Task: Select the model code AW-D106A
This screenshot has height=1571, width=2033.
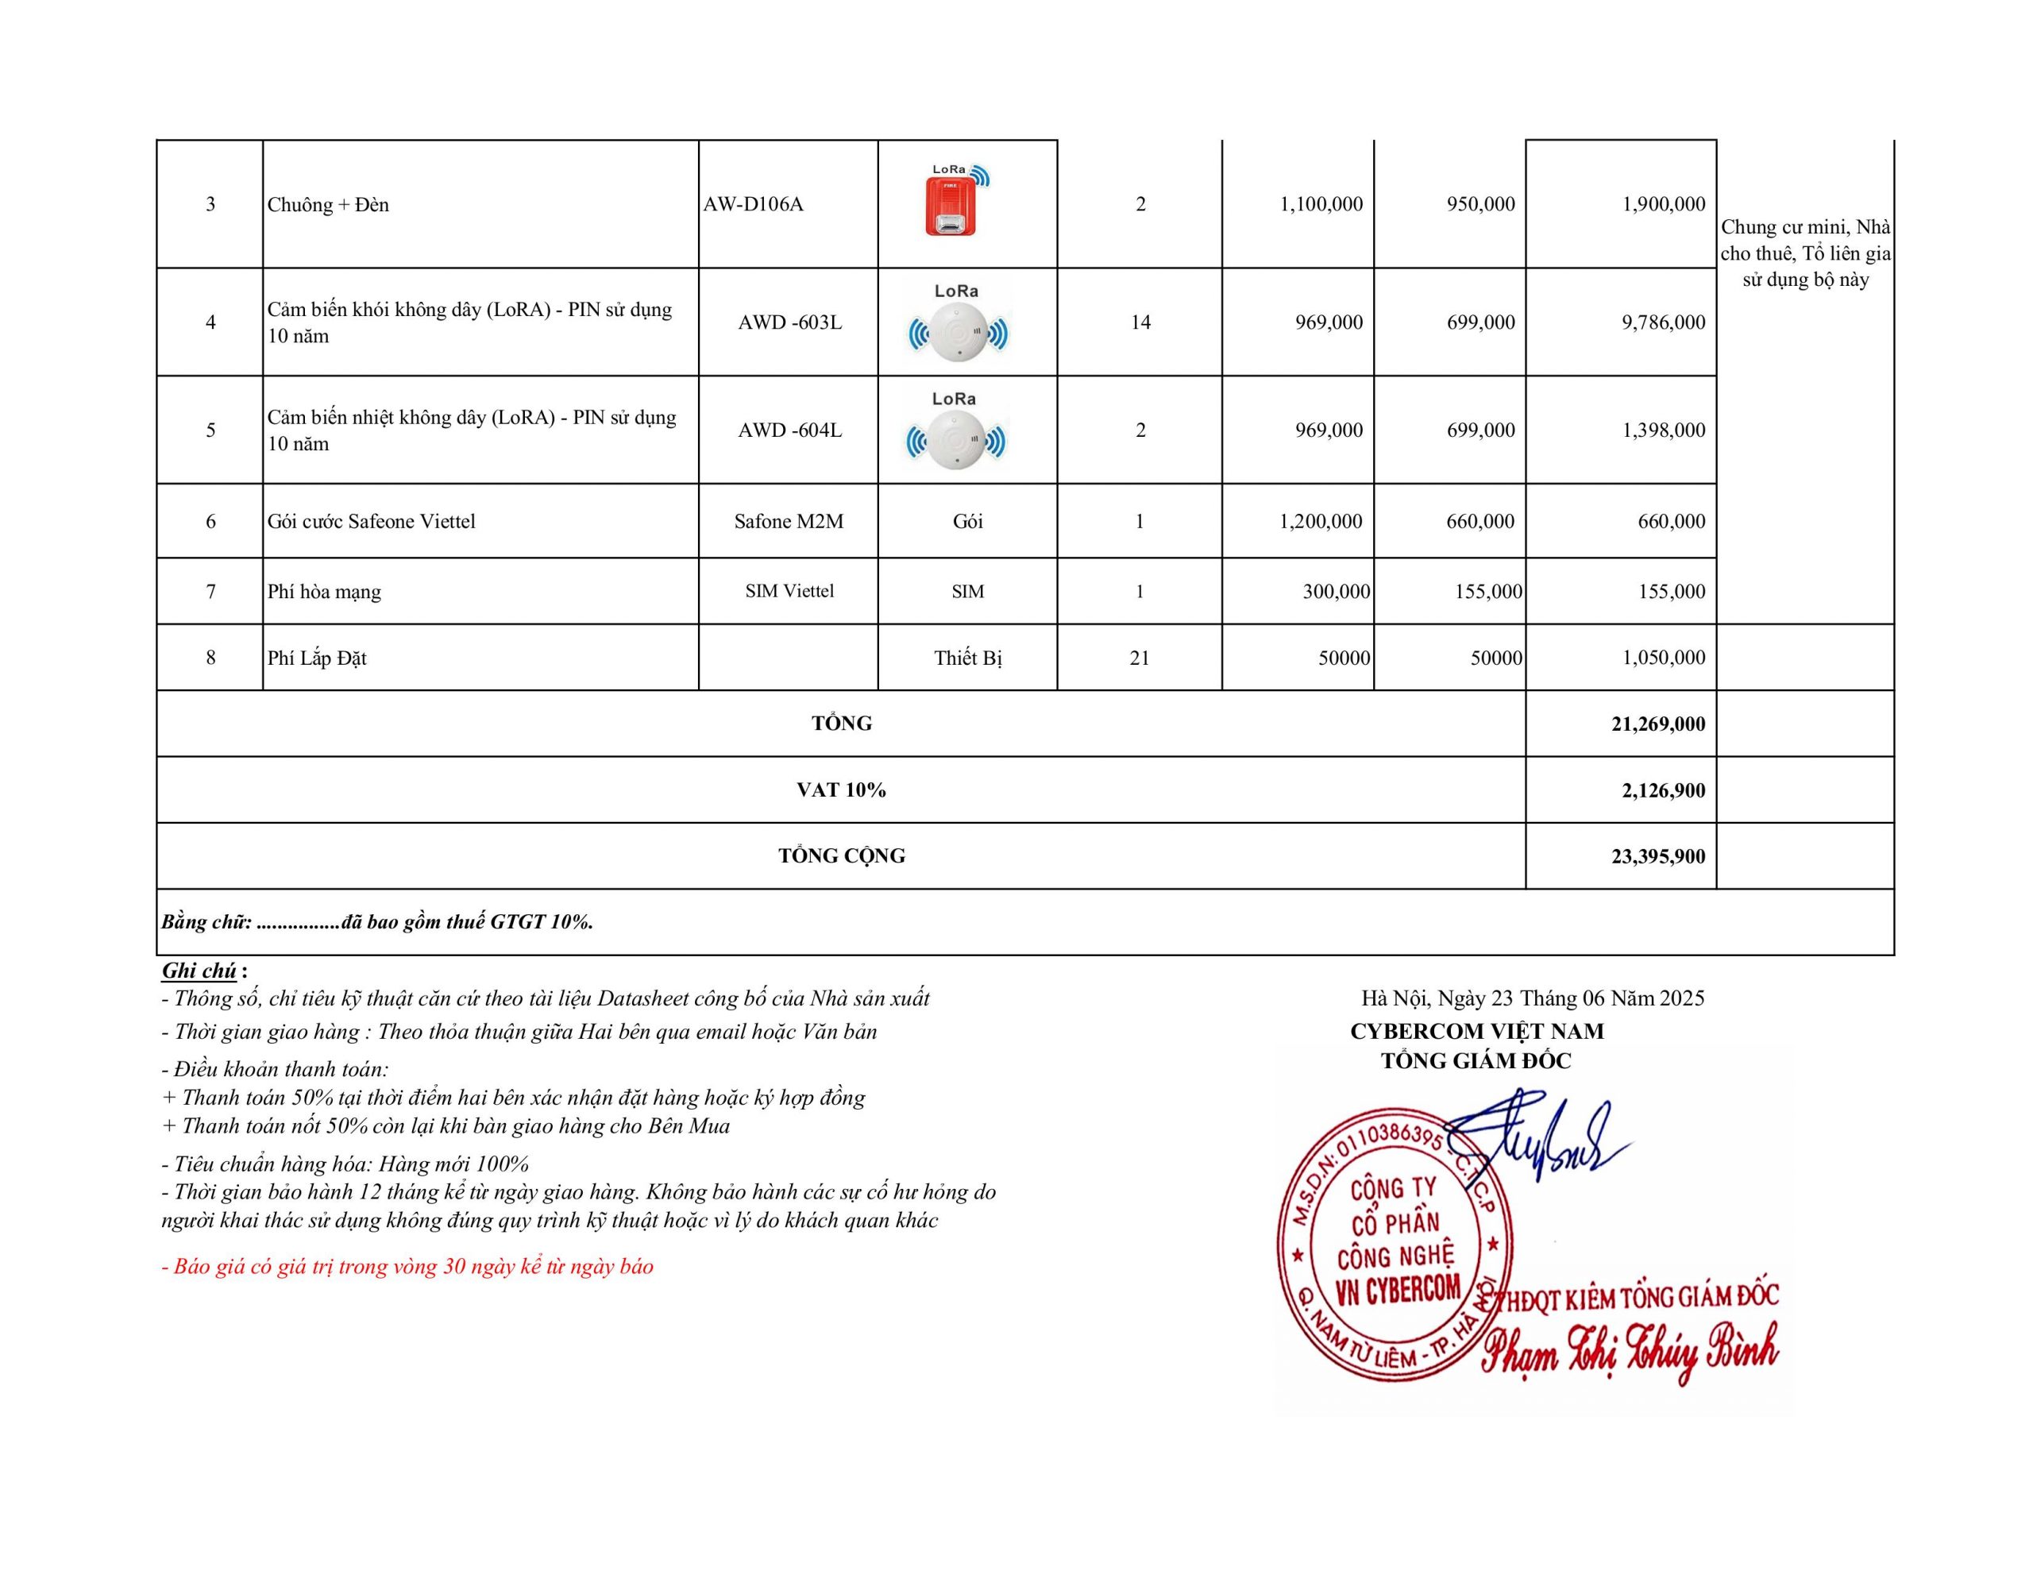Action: tap(753, 205)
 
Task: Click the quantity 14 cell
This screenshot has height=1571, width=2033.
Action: tap(1140, 322)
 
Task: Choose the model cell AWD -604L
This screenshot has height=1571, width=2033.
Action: tap(789, 430)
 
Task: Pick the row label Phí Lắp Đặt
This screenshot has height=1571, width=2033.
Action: tap(318, 658)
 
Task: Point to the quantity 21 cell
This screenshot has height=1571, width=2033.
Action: tap(1140, 658)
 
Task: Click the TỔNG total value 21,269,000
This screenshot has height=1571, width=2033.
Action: tap(1658, 724)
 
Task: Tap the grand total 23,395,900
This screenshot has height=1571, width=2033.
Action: tap(1658, 857)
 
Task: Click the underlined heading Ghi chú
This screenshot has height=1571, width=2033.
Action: tap(199, 971)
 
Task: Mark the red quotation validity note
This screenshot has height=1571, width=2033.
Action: tap(407, 1267)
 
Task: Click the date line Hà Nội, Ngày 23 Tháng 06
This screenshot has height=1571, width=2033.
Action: tap(1532, 998)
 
